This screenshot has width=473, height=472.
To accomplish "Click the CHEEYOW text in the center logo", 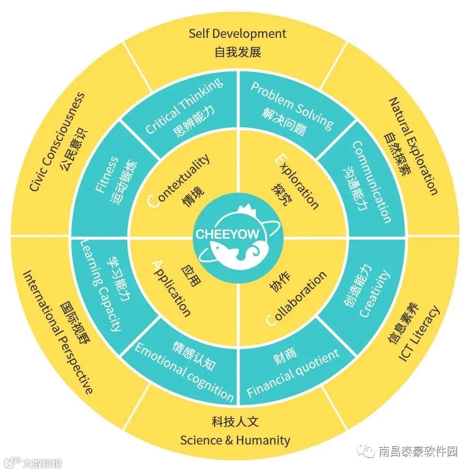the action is click(216, 234).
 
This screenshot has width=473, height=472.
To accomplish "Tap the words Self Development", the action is click(237, 34).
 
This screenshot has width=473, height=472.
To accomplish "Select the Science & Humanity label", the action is click(235, 440).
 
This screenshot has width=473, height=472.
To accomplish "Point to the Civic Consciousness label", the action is click(57, 142).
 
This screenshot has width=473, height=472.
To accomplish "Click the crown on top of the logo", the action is click(246, 209).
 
